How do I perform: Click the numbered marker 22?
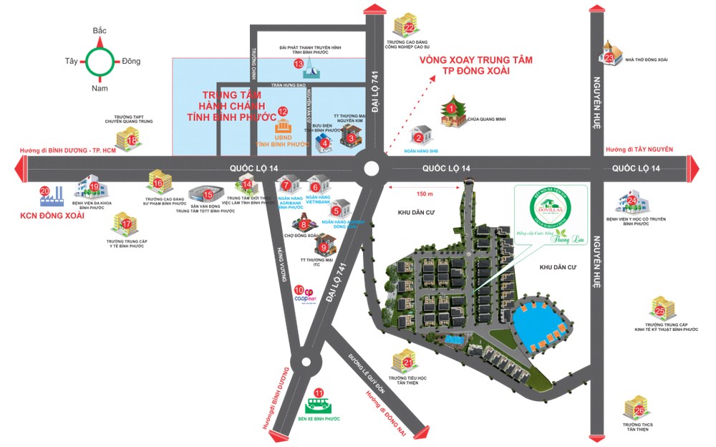click(410, 28)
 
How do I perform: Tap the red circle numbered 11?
click(319, 393)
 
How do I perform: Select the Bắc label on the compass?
click(100, 32)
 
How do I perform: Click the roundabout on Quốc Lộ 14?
click(371, 169)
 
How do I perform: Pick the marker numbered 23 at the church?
click(609, 58)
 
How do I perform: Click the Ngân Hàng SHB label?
click(418, 151)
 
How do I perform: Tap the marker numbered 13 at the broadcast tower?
click(299, 64)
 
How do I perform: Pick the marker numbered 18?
click(132, 140)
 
